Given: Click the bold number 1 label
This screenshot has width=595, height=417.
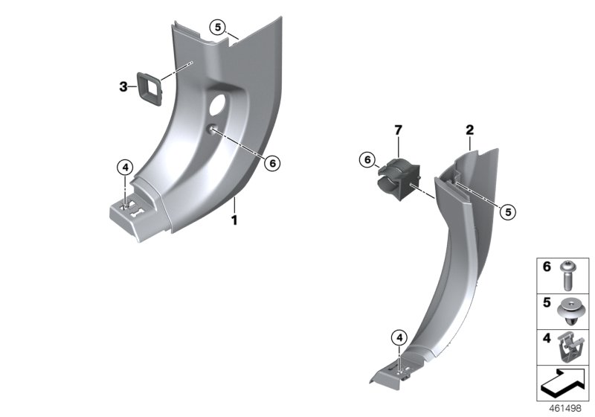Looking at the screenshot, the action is tap(234, 220).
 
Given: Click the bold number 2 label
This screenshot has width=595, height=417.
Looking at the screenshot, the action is tap(470, 130).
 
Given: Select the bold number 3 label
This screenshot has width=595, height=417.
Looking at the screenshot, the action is tap(123, 87).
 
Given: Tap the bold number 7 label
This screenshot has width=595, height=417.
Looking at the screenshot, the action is tap(398, 130).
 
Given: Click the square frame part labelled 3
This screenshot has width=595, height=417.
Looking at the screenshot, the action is tap(149, 89).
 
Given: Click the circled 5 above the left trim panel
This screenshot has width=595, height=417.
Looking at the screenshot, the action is tap(217, 28).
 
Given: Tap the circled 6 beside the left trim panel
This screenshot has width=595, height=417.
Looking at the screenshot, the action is tap(272, 163).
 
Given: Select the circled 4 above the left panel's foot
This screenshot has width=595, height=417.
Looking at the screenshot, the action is tap(125, 167).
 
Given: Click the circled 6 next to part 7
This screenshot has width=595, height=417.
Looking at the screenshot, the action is tap(367, 159).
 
